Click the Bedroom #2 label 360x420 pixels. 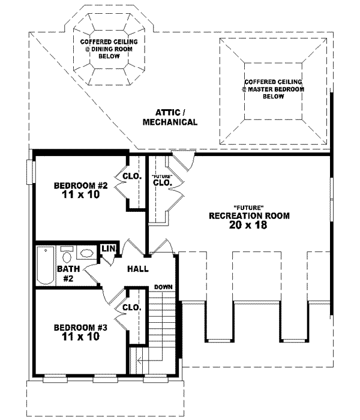pos(80,185)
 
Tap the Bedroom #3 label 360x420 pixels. pos(80,328)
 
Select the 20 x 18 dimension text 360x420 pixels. pos(248,226)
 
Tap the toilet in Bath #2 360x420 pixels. pos(67,253)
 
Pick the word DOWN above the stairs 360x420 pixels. pos(163,287)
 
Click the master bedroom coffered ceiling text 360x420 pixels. pos(273,88)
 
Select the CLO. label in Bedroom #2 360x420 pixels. pos(131,176)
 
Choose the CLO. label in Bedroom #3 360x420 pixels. pos(131,307)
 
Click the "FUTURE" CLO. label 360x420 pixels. pos(163,180)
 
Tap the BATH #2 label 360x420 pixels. pos(65,274)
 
